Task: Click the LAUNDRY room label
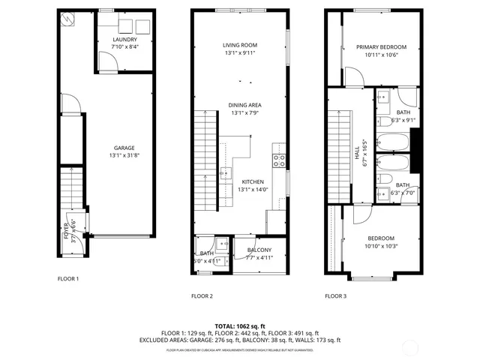pos(124,39)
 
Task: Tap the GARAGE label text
pos(124,148)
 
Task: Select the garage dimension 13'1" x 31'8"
pos(124,156)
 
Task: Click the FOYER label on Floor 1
pos(66,230)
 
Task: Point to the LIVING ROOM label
pos(239,45)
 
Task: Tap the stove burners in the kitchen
pos(278,159)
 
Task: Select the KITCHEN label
pos(252,181)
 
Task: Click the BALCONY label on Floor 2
pos(259,250)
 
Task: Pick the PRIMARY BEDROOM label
pos(376,46)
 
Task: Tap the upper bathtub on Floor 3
pos(392,141)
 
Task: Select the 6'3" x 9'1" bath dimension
pos(403,119)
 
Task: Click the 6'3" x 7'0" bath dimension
pos(403,193)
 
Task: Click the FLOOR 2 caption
pos(202,296)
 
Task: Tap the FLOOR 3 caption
pos(335,296)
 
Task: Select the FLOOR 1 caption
pos(68,279)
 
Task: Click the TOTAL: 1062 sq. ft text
pos(239,325)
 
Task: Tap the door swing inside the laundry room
pos(110,63)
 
